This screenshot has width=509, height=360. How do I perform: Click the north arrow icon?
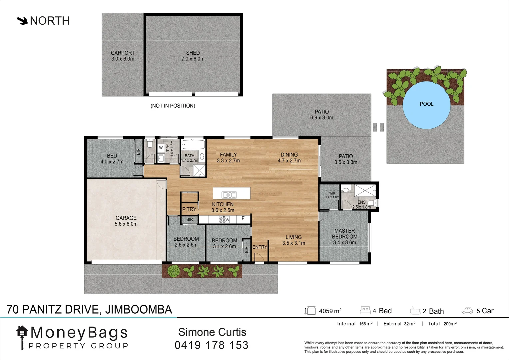22,21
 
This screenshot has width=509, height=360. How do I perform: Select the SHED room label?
193,53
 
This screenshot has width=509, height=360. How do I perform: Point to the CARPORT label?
123,53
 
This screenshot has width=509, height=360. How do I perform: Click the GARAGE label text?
126,218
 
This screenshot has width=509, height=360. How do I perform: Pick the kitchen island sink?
229,195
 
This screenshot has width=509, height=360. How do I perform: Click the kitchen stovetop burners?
224,219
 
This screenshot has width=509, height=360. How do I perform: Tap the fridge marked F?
243,219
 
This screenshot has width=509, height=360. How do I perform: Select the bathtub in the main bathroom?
193,145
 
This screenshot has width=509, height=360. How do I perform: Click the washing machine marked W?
161,148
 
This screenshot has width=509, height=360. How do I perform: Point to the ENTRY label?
259,247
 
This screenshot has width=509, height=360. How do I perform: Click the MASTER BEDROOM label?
344,233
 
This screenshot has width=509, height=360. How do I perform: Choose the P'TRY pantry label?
189,209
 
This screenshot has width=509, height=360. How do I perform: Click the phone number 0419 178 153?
212,345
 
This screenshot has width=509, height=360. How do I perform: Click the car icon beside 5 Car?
467,311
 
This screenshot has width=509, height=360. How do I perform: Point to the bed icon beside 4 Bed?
365,311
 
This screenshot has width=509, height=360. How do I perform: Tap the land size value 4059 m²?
330,311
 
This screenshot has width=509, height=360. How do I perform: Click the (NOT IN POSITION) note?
173,106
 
